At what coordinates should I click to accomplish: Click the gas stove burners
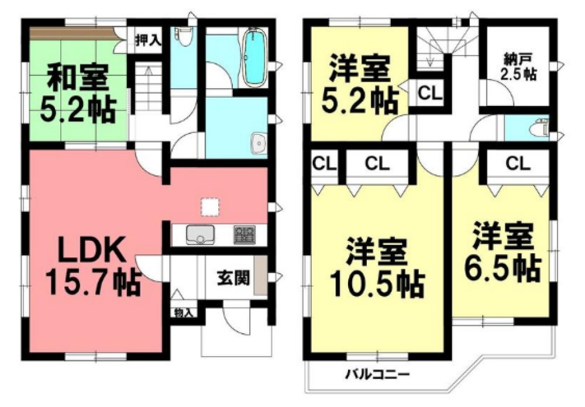245,234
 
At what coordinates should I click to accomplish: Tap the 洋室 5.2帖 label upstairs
359,85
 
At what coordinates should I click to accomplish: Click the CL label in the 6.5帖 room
518,165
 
